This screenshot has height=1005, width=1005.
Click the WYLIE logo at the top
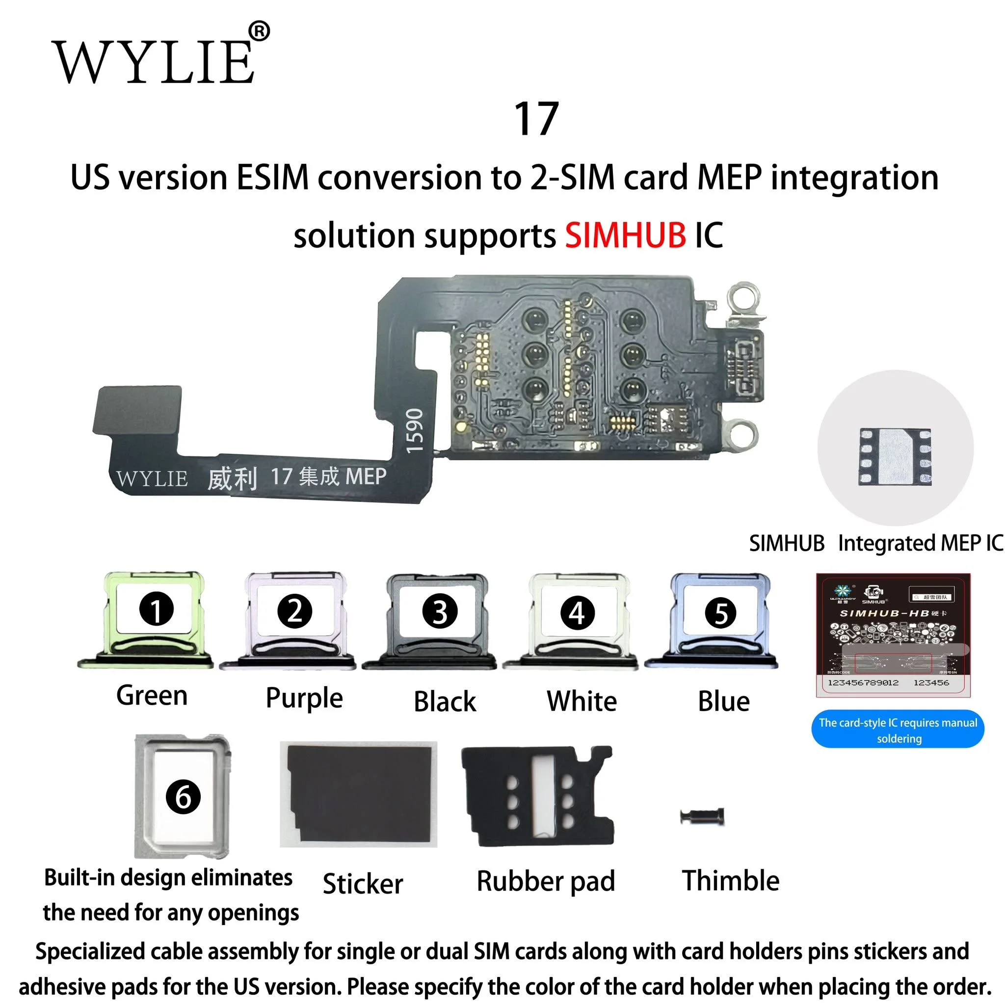[x=154, y=61]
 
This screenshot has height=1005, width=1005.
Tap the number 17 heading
[x=536, y=119]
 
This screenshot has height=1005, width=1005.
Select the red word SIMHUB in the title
[x=625, y=235]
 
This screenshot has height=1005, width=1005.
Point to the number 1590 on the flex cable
[x=415, y=431]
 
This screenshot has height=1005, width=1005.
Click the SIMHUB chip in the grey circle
[x=895, y=457]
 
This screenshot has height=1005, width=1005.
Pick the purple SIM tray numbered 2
[x=289, y=622]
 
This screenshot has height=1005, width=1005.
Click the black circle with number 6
[x=183, y=797]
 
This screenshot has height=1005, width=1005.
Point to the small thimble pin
[x=702, y=816]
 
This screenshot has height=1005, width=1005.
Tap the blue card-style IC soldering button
[x=898, y=730]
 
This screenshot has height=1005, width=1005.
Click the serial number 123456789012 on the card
[x=863, y=683]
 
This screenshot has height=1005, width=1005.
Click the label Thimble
[x=730, y=881]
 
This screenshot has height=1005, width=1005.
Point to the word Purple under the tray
[x=304, y=698]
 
